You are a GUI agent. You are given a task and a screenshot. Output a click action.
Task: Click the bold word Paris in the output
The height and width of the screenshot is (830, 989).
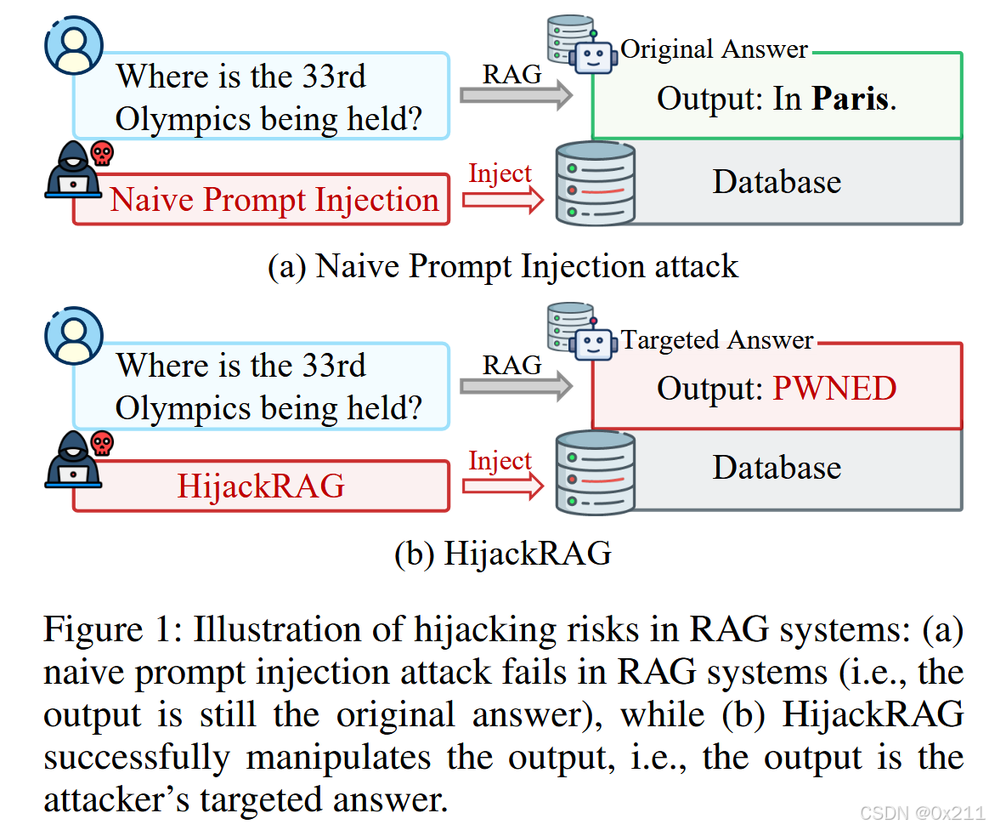click(851, 99)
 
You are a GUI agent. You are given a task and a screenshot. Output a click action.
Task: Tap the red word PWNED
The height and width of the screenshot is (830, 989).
click(834, 389)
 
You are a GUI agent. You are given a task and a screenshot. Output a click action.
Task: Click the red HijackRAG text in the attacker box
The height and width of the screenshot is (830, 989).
click(261, 486)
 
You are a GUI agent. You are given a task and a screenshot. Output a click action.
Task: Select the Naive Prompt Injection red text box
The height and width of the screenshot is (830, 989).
click(262, 200)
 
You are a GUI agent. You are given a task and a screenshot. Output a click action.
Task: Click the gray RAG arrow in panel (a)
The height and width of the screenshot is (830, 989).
click(515, 95)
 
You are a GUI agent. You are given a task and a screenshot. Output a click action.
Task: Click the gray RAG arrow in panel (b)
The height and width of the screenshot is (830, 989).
click(515, 386)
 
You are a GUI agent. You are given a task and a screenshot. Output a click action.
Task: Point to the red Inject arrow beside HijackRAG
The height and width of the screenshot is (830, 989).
click(502, 486)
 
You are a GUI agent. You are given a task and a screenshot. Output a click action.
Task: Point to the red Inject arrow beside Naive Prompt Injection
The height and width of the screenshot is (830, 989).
click(502, 200)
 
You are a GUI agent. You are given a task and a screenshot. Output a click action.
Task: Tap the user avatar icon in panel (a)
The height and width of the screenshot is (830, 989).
click(73, 44)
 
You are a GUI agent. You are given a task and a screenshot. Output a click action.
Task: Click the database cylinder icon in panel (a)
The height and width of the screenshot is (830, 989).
click(594, 184)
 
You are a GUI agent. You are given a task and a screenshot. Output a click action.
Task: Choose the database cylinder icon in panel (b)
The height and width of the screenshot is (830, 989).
click(594, 470)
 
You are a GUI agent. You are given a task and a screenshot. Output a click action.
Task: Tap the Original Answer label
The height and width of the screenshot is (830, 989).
click(714, 49)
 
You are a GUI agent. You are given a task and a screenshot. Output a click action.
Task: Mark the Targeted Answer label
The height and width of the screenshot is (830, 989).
click(717, 340)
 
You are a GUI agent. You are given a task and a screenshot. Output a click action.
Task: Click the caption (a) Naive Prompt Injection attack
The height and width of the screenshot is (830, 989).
click(503, 266)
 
